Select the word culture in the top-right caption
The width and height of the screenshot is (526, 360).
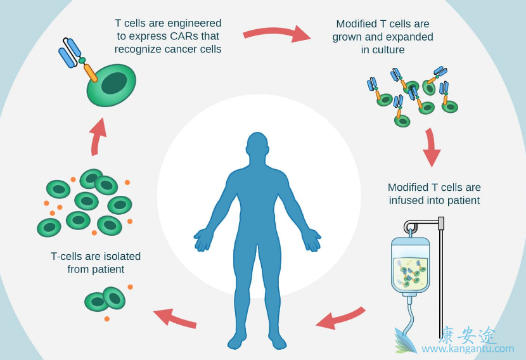[383, 49]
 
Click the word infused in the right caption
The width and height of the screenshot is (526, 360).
[405, 200]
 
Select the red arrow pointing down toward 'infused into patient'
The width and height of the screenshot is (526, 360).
[431, 147]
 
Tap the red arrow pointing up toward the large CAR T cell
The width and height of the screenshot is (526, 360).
[97, 136]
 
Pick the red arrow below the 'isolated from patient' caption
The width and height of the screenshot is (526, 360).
[174, 316]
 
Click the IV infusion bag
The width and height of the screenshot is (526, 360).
[410, 266]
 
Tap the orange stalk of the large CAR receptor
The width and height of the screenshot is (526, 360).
[90, 72]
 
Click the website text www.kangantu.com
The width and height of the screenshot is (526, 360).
[468, 349]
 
